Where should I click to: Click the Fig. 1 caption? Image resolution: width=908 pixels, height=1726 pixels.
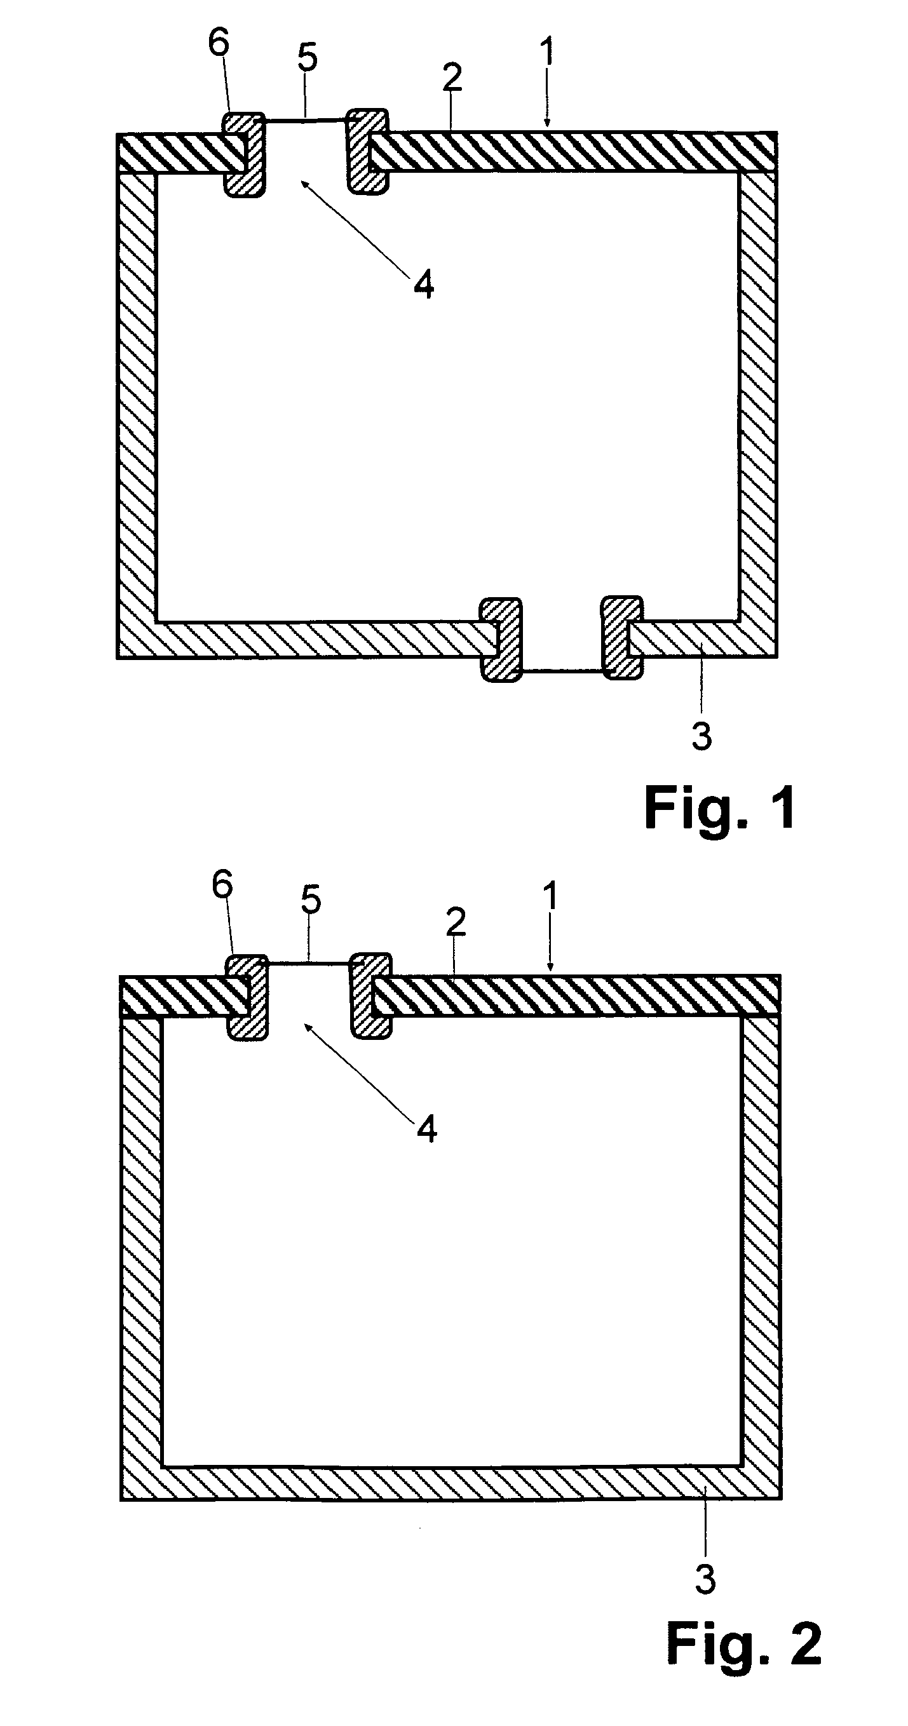(720, 809)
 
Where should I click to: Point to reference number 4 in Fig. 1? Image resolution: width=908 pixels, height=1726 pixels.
(424, 286)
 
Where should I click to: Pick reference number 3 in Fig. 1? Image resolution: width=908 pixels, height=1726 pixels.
(701, 736)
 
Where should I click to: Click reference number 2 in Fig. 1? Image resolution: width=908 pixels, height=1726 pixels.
(452, 78)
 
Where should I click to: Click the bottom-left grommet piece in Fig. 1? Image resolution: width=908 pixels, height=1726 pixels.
(501, 639)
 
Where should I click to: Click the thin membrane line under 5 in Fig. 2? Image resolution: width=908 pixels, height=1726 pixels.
(310, 964)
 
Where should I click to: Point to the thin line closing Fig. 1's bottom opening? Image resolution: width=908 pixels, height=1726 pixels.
(562, 670)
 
